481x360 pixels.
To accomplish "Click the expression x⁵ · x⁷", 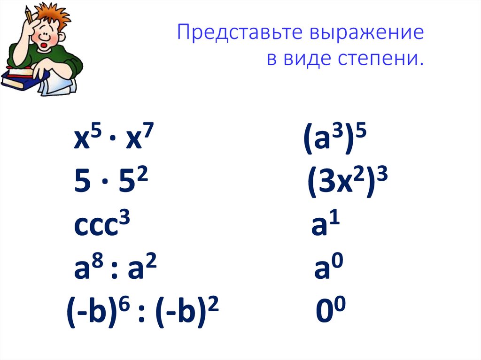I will pyautogui.click(x=113, y=141).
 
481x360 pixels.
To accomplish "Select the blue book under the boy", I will pyautogui.click(x=19, y=82).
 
